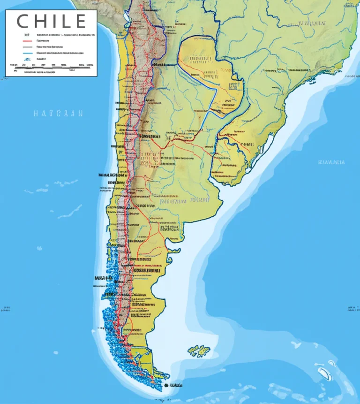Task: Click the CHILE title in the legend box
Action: [51, 21]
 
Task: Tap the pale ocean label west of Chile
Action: [58, 113]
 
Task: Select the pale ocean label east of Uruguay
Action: [331, 162]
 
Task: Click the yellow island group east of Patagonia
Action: [199, 351]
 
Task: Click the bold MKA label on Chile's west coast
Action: [103, 278]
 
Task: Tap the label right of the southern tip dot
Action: [175, 385]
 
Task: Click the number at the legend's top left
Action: [26, 35]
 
